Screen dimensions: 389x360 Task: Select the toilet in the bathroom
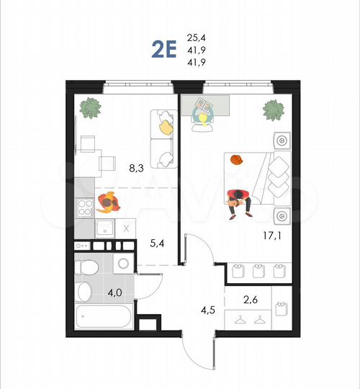[86, 266]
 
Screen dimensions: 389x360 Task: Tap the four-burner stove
[85, 207]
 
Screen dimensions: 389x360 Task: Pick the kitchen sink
[105, 229]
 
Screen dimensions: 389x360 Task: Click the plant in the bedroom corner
[273, 110]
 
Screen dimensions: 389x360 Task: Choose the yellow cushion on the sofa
[166, 127]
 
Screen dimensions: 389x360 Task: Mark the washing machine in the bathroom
[123, 264]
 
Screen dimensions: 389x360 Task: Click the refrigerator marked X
[126, 228]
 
